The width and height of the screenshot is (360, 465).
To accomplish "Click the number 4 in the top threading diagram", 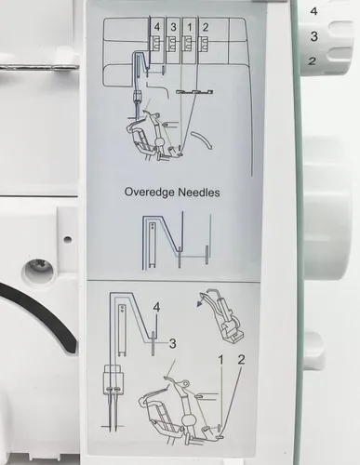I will tap(157, 26).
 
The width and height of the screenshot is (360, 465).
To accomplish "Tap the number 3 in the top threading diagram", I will tap(173, 26).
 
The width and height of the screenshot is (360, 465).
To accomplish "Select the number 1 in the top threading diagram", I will tap(190, 26).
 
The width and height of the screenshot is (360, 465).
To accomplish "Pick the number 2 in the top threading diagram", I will tap(206, 26).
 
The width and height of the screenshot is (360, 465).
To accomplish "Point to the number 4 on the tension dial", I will tap(313, 11).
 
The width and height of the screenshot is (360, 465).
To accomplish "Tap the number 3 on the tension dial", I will tap(313, 36).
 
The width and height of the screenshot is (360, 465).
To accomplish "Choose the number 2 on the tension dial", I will tap(313, 60).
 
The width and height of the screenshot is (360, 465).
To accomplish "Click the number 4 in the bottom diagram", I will tap(156, 306).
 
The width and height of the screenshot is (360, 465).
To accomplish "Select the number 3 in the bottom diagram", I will tap(171, 342).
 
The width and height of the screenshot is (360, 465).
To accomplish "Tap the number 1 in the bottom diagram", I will tap(220, 359).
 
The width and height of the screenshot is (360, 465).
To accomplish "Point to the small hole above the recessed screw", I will tap(66, 239).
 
